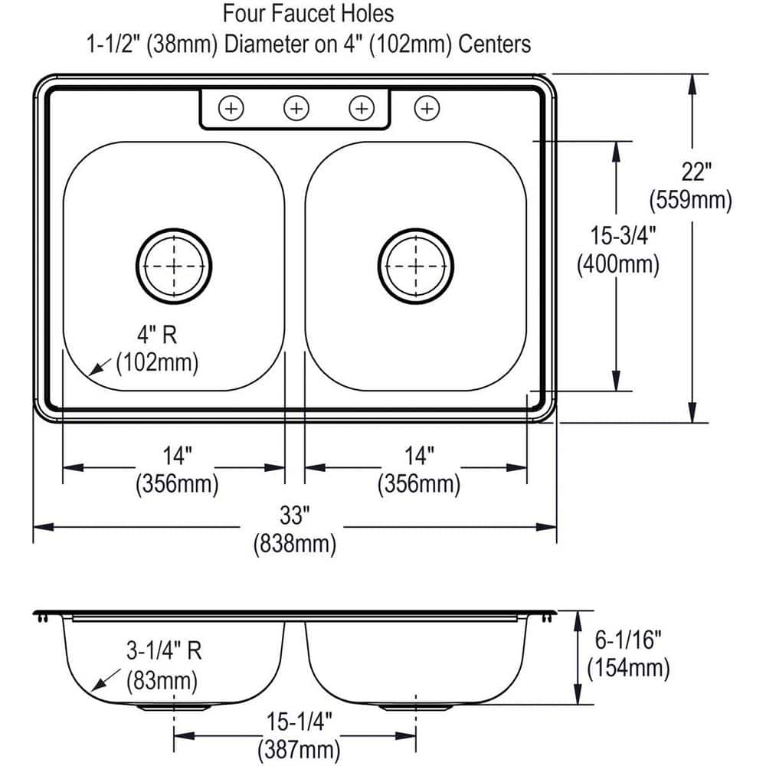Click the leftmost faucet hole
pyautogui.click(x=231, y=108)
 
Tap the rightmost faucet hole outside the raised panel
pyautogui.click(x=427, y=108)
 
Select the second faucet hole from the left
pyautogui.click(x=296, y=108)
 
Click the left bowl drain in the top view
pyautogui.click(x=174, y=267)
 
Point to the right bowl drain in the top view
pyautogui.click(x=416, y=267)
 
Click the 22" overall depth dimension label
pyautogui.click(x=696, y=172)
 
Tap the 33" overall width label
pyautogui.click(x=295, y=515)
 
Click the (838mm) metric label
pyautogui.click(x=295, y=544)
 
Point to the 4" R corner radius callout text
pyautogui.click(x=156, y=335)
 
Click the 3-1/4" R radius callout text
pyautogui.click(x=164, y=650)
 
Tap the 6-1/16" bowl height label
pyautogui.click(x=628, y=640)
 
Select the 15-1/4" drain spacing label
pyautogui.click(x=299, y=721)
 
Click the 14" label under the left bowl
pyautogui.click(x=178, y=456)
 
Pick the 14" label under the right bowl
pyautogui.click(x=419, y=456)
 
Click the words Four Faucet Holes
pyautogui.click(x=308, y=14)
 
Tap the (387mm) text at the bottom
pyautogui.click(x=299, y=749)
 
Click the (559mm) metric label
pyautogui.click(x=691, y=200)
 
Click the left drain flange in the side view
pyautogui.click(x=173, y=707)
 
